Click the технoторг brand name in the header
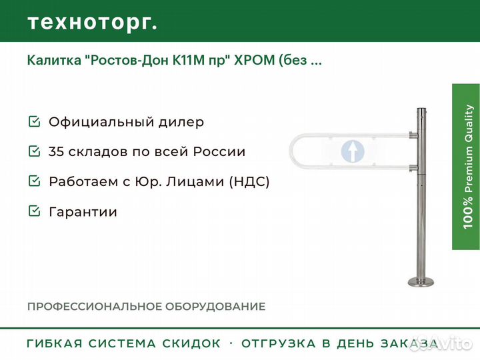[93, 23]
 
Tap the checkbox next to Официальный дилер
[34, 121]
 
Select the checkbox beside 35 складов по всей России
[34, 151]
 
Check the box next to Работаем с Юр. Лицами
[34, 181]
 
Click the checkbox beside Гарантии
[34, 211]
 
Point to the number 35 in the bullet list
[56, 151]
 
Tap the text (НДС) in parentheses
[249, 181]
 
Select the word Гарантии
[83, 212]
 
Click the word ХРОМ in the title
[255, 60]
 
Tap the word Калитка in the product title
[54, 60]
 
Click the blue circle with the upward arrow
[353, 151]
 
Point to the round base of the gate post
[421, 281]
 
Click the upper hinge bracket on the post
[413, 135]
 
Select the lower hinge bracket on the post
[413, 168]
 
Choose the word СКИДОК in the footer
[191, 343]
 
